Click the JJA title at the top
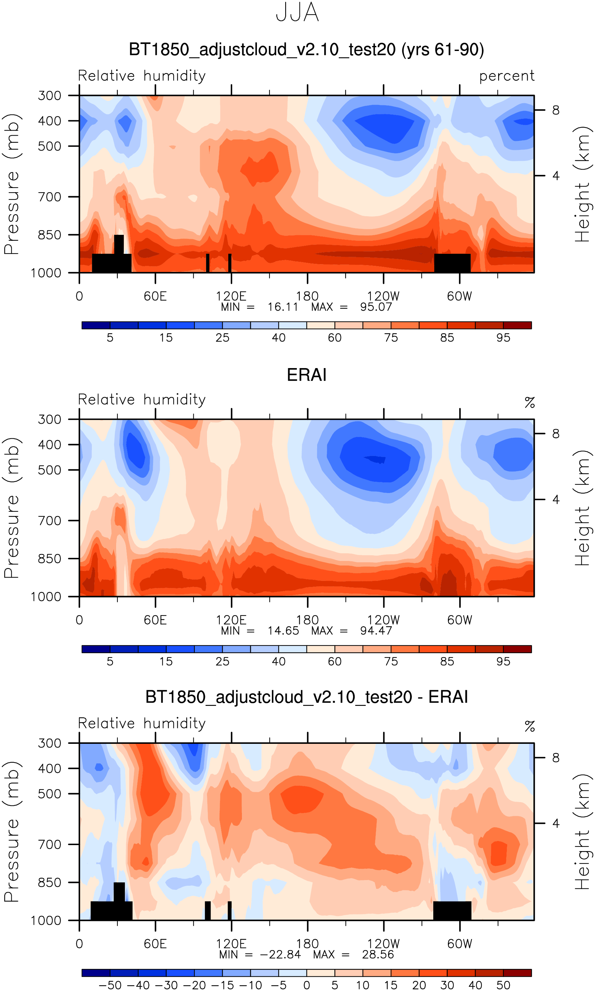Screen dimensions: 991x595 [x=297, y=13]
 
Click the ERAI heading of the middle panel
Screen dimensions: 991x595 [x=306, y=375]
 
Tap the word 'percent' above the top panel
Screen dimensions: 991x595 [x=506, y=76]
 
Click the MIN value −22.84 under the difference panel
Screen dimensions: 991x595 [x=280, y=954]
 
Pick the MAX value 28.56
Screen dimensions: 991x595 [x=378, y=954]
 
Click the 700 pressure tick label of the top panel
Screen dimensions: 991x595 [x=49, y=197]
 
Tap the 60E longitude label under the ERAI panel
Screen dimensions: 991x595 [x=155, y=620]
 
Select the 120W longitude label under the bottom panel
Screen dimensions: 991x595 [x=383, y=944]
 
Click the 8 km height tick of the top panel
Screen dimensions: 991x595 [x=556, y=110]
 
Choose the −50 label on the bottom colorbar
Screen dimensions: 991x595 [x=110, y=985]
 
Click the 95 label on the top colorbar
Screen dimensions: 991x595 [x=503, y=338]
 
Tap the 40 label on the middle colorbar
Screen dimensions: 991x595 [x=279, y=662]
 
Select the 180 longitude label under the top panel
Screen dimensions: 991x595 [x=307, y=296]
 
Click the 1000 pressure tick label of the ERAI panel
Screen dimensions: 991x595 [x=46, y=597]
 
